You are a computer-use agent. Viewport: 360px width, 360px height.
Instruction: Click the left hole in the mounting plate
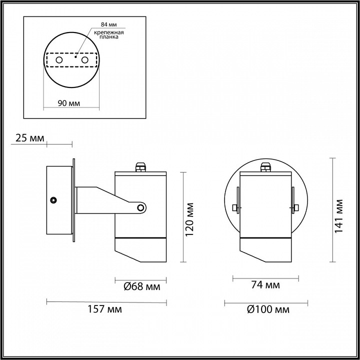[58, 60]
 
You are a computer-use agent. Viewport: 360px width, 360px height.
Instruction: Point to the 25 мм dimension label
[30, 138]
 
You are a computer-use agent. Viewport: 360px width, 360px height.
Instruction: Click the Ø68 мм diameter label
[141, 286]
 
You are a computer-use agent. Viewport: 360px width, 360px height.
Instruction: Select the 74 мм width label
[265, 285]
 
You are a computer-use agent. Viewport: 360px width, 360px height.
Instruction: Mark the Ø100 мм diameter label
[268, 309]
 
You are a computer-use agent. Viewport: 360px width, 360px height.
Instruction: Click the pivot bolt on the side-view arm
[141, 207]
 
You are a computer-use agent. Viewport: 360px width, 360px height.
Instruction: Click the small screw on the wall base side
[52, 200]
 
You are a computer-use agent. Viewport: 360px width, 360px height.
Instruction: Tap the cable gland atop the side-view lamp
[139, 166]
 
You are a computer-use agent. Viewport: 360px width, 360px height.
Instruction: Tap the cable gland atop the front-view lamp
[265, 167]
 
